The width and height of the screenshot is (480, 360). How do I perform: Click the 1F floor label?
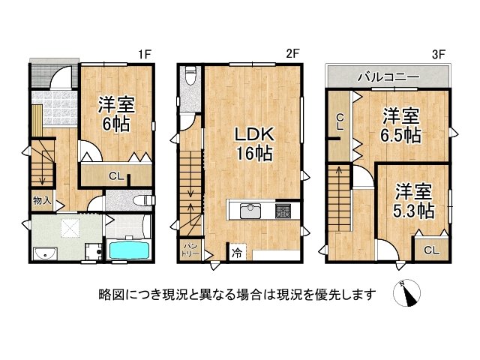[x=144, y=55]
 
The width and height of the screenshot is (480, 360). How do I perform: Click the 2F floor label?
[x=292, y=54]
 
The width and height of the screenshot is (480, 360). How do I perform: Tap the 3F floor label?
[x=438, y=55]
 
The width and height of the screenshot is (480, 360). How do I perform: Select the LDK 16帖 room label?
[x=253, y=144]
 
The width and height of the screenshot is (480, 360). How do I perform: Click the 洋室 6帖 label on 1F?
[x=116, y=114]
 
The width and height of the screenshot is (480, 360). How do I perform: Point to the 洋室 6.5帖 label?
[x=400, y=125]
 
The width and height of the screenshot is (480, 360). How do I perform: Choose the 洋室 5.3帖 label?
[x=413, y=200]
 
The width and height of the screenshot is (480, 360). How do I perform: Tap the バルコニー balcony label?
[x=388, y=76]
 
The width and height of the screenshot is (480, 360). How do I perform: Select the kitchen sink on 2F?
[x=250, y=211]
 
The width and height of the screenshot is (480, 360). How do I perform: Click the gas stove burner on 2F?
[x=283, y=211]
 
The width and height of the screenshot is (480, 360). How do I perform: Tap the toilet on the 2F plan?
[x=191, y=75]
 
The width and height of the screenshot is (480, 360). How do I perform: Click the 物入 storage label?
[x=42, y=201]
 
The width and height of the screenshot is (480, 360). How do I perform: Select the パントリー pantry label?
[x=190, y=250]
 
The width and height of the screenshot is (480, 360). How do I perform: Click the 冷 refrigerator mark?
[x=236, y=253]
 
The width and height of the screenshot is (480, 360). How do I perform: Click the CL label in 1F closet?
[x=116, y=176]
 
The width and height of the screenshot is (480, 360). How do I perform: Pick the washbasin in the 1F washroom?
[x=44, y=253]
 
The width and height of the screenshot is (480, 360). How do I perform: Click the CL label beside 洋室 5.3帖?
[x=431, y=250]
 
